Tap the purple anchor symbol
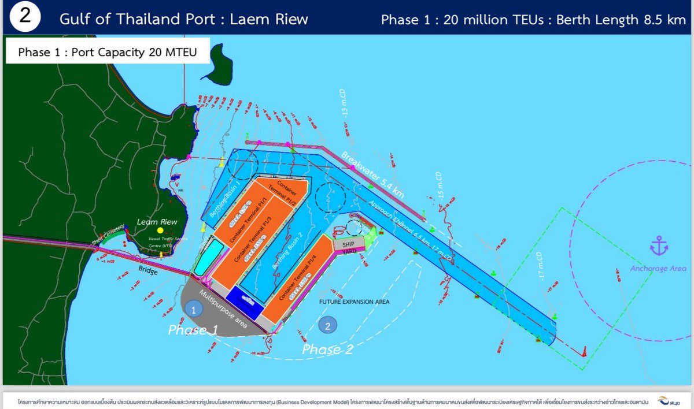tap(659, 247)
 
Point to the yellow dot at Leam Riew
tap(160, 230)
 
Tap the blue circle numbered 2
tap(327, 325)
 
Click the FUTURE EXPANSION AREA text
tap(355, 302)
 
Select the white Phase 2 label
tap(328, 349)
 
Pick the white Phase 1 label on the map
tap(193, 330)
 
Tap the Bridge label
tap(148, 270)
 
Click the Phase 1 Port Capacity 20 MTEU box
tap(107, 52)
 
